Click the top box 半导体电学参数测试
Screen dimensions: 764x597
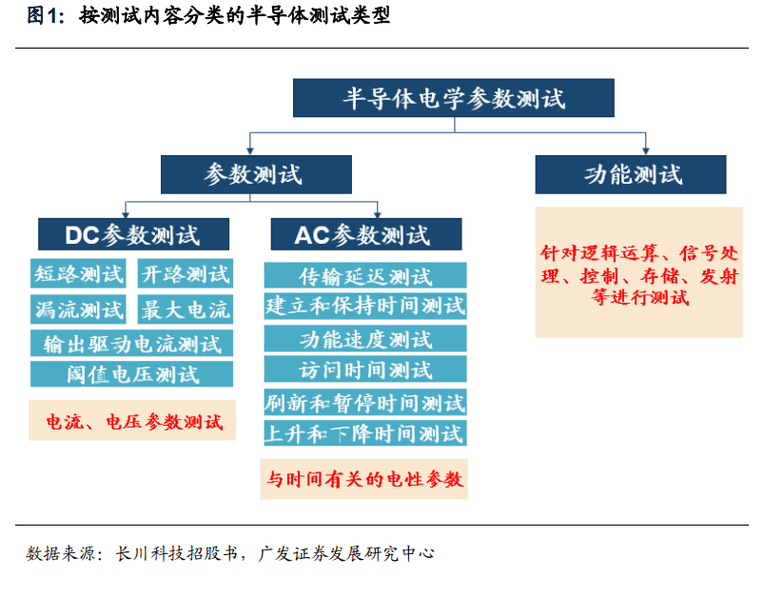click(x=453, y=97)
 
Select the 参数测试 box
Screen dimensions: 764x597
click(x=256, y=174)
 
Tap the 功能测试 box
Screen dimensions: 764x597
click(x=631, y=174)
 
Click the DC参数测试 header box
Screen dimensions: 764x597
click(x=133, y=234)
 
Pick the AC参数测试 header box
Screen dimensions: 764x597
click(x=366, y=234)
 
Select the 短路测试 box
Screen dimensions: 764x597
click(x=78, y=273)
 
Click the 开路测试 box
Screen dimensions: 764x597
click(x=186, y=273)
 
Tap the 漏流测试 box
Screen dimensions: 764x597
click(x=78, y=308)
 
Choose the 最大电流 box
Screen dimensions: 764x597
click(x=186, y=308)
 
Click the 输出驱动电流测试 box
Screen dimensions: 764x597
click(x=131, y=343)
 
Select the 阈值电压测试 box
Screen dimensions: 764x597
click(x=131, y=373)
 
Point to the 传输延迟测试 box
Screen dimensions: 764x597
click(x=365, y=275)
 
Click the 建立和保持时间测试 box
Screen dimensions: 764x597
click(x=365, y=306)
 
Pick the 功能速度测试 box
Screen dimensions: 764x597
click(x=365, y=339)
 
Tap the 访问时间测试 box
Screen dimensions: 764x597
click(x=365, y=368)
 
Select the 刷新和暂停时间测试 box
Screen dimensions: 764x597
click(x=365, y=402)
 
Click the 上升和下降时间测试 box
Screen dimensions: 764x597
click(x=365, y=432)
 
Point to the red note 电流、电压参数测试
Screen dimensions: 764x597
click(x=132, y=421)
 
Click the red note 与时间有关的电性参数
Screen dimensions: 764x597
click(x=363, y=479)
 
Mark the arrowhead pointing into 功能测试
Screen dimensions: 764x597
click(x=646, y=151)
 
